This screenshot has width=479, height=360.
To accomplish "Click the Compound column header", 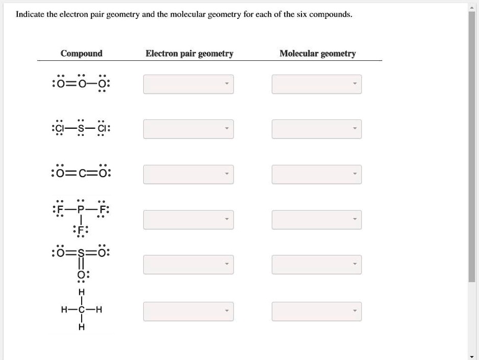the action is pos(81,53).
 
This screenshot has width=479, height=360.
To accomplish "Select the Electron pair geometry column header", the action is pos(189,54).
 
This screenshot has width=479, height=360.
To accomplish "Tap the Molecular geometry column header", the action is pos(318,54).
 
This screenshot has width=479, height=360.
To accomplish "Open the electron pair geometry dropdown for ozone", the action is pos(188,84).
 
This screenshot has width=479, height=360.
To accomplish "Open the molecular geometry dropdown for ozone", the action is pos(317,84).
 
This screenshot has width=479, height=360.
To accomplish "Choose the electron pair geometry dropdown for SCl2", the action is pos(188,129).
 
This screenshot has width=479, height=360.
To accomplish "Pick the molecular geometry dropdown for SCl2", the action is pos(317,129).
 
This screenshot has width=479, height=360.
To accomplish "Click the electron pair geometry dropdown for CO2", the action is pos(188,174).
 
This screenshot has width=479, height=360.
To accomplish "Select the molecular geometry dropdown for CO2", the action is pos(317,174).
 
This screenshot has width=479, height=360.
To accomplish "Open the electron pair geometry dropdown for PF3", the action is pos(188,220).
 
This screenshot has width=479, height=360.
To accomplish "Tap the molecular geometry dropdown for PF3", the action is pos(317,220).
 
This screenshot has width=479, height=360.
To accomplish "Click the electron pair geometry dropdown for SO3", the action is pos(188,265).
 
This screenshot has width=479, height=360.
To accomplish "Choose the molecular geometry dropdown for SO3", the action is pos(317,265).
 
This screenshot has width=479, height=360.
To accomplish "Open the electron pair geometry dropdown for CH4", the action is pos(188,311).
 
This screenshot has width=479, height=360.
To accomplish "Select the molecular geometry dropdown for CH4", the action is pos(317,311).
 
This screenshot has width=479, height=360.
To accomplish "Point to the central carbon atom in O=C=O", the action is pos(82,174).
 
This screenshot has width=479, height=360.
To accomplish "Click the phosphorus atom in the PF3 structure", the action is pos(81,210).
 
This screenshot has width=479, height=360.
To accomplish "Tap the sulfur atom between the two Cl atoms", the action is pos(81,129).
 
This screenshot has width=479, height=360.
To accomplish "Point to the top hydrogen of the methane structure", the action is pos(82,292).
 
